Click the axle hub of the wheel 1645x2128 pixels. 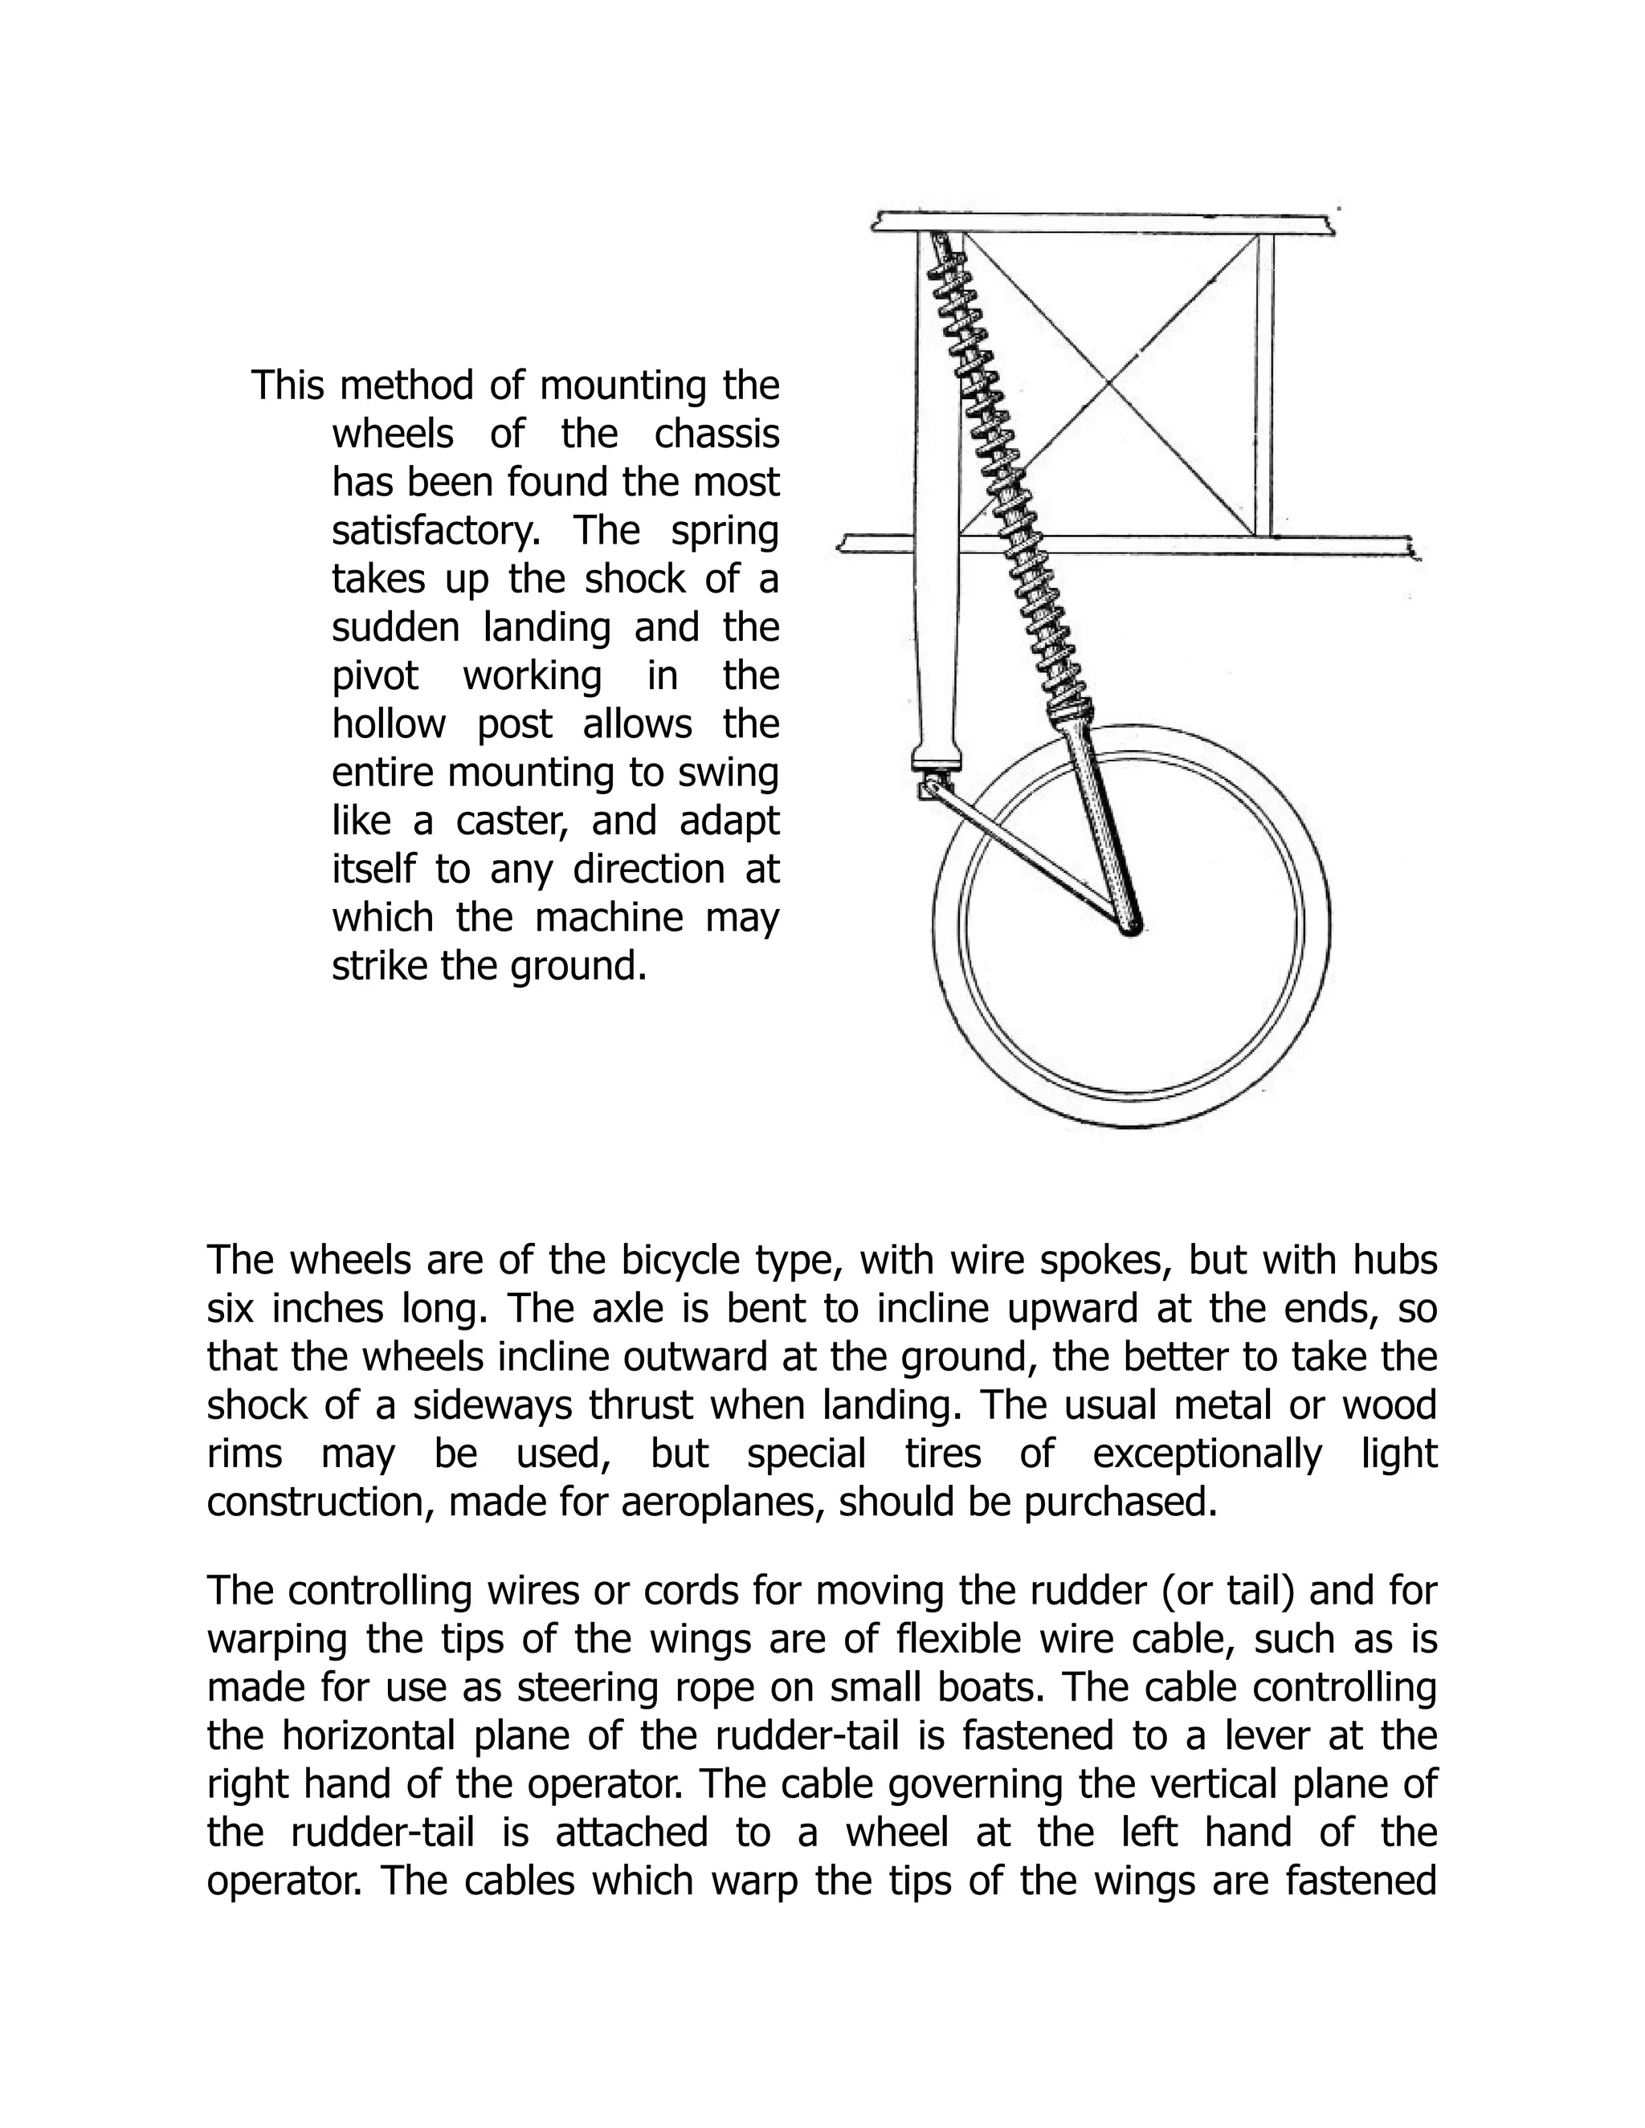pos(1132,928)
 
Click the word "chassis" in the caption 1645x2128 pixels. pos(716,434)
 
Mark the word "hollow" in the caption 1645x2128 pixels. pos(389,725)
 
